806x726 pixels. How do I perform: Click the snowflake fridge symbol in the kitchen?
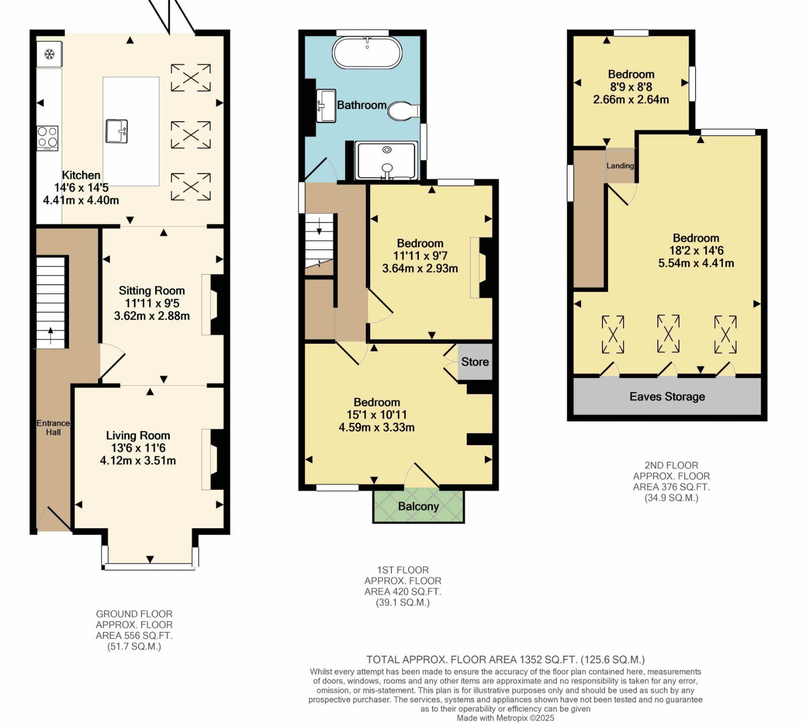point(49,54)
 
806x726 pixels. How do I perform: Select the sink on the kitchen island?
point(116,131)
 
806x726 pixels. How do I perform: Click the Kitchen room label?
point(81,175)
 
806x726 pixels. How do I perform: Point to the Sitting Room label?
point(152,291)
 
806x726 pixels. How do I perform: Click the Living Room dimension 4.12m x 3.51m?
point(138,460)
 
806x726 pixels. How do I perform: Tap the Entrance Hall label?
point(53,427)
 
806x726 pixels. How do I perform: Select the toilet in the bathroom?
point(404,111)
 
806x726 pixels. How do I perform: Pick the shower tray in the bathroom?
point(387,161)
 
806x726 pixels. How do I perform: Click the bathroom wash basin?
point(326,106)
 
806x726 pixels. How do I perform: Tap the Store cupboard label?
point(475,361)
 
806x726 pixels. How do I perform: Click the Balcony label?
point(419,506)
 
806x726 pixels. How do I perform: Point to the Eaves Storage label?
point(667,397)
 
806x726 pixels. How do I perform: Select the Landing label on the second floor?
point(620,166)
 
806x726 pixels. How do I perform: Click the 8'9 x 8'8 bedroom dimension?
point(631,87)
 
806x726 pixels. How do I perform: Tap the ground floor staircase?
point(51,303)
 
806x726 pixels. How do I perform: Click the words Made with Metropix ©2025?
point(505,718)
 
